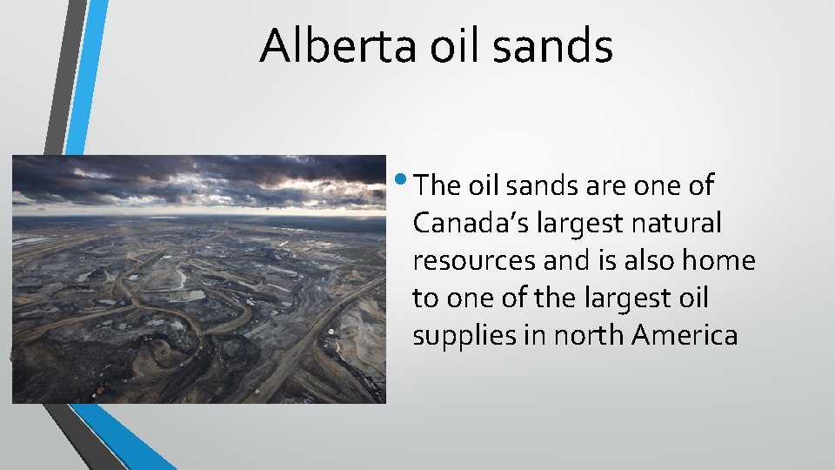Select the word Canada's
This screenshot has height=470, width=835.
click(468, 223)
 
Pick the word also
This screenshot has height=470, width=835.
click(658, 260)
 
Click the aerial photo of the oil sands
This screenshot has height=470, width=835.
click(198, 279)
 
